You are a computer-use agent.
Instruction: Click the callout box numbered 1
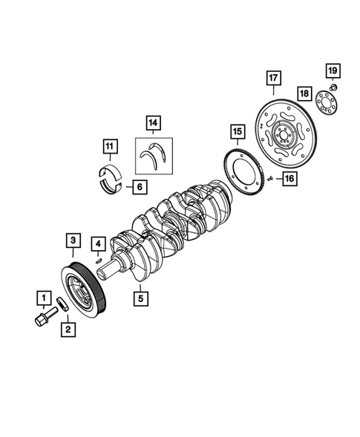[x=44, y=298]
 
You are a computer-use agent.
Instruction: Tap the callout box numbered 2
[x=68, y=329]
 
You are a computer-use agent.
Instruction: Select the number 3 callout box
[x=73, y=240]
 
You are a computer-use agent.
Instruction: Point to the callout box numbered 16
[x=289, y=178]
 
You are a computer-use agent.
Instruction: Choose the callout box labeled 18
[x=304, y=93]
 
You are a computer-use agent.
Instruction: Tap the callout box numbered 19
[x=333, y=70]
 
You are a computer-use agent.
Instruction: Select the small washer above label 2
[x=63, y=304]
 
